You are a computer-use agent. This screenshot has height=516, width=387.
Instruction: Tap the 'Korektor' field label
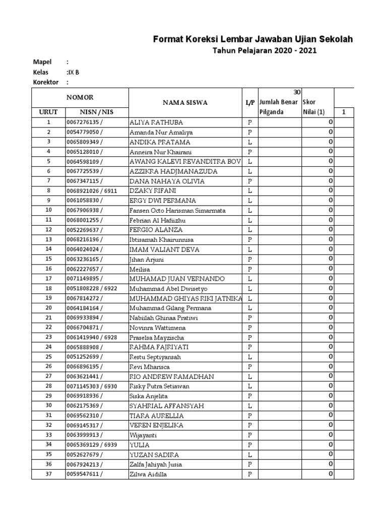pos(46,82)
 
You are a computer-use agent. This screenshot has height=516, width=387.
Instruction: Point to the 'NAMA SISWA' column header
pos(185,103)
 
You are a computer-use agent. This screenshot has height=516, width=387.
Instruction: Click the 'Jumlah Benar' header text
pos(279,102)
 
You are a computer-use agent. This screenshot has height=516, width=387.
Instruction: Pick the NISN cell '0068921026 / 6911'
pos(92,191)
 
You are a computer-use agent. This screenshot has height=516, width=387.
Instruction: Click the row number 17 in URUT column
pos(49,279)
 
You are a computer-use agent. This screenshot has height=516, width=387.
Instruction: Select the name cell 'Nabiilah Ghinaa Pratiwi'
pos(164,318)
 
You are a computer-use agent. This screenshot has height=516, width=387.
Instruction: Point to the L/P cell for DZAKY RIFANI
pos(249,191)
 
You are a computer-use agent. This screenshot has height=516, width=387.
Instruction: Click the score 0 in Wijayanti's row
pos(331,435)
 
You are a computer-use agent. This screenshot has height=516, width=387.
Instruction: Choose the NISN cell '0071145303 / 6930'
pos(92,386)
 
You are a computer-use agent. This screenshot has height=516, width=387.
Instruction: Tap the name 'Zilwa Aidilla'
pos(148,474)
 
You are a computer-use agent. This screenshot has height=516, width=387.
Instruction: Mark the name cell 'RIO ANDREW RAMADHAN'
pos(171,376)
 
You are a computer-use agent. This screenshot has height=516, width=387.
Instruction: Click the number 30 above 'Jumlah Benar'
pos(297,92)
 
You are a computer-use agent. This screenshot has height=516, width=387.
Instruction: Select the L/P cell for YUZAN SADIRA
pos(249,455)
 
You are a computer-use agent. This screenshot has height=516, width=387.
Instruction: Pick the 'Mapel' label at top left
pos(42,62)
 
